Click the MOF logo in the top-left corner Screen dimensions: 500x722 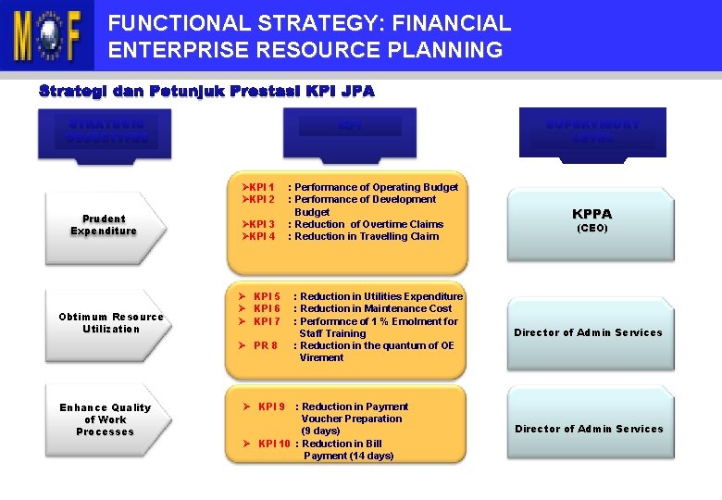point(46,35)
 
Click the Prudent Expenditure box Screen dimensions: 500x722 point(104,225)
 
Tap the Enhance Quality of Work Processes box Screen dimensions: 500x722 point(105,419)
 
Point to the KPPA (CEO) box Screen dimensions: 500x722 point(591,219)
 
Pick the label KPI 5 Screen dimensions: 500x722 point(266,296)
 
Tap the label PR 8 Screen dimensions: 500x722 point(265,345)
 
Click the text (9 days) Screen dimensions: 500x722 point(320,431)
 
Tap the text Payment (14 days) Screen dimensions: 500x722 point(348,456)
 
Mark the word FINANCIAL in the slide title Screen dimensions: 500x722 point(443,22)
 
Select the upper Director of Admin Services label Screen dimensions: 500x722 point(589,332)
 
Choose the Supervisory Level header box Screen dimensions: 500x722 point(592,132)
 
